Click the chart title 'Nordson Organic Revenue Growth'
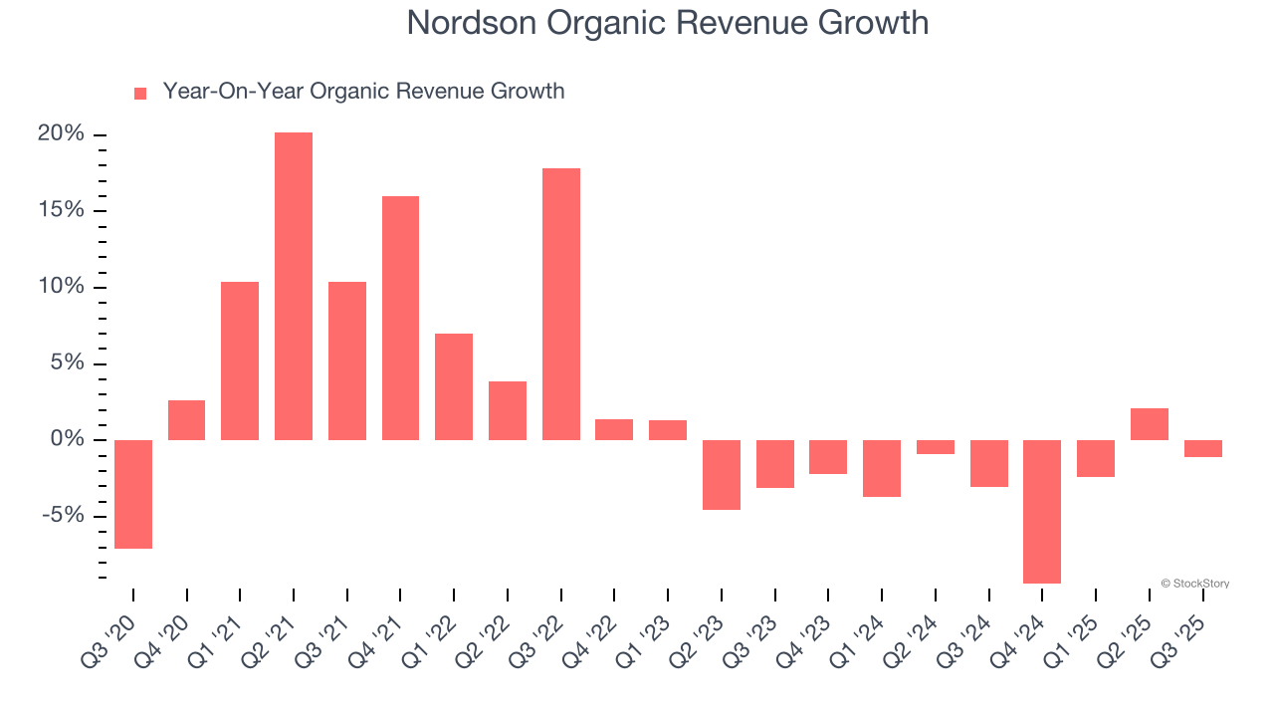point(667,23)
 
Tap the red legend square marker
point(140,93)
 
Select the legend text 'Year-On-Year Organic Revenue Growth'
point(363,92)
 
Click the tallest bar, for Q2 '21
point(294,287)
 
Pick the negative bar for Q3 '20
point(133,494)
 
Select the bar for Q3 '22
point(561,305)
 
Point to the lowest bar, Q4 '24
point(1042,511)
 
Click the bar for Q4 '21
point(400,319)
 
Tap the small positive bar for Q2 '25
point(1150,424)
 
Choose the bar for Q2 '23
point(722,475)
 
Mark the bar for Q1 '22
point(454,387)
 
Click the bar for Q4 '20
point(187,420)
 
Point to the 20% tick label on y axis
point(61,134)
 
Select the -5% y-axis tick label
point(64,516)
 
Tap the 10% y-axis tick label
point(61,288)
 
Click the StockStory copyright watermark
point(1194,584)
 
